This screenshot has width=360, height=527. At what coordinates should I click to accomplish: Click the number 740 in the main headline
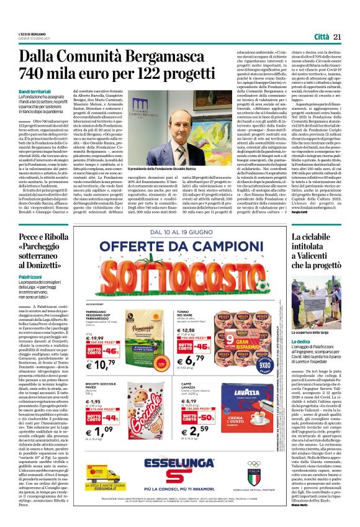(37, 76)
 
